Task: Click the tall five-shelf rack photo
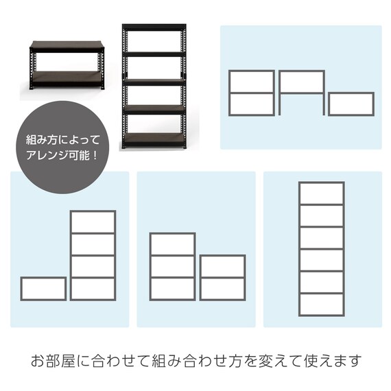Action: click(154, 86)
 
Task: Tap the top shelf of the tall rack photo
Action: click(154, 28)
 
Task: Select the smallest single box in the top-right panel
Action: click(351, 104)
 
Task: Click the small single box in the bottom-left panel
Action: click(43, 289)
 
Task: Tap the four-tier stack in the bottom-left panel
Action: click(93, 255)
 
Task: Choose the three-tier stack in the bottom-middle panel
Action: click(172, 266)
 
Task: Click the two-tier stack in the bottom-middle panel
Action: click(222, 277)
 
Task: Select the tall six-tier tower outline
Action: click(321, 248)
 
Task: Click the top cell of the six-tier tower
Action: click(321, 193)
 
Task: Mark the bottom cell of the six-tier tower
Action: click(321, 304)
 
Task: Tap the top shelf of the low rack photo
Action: click(66, 45)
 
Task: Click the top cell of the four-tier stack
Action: click(93, 222)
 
